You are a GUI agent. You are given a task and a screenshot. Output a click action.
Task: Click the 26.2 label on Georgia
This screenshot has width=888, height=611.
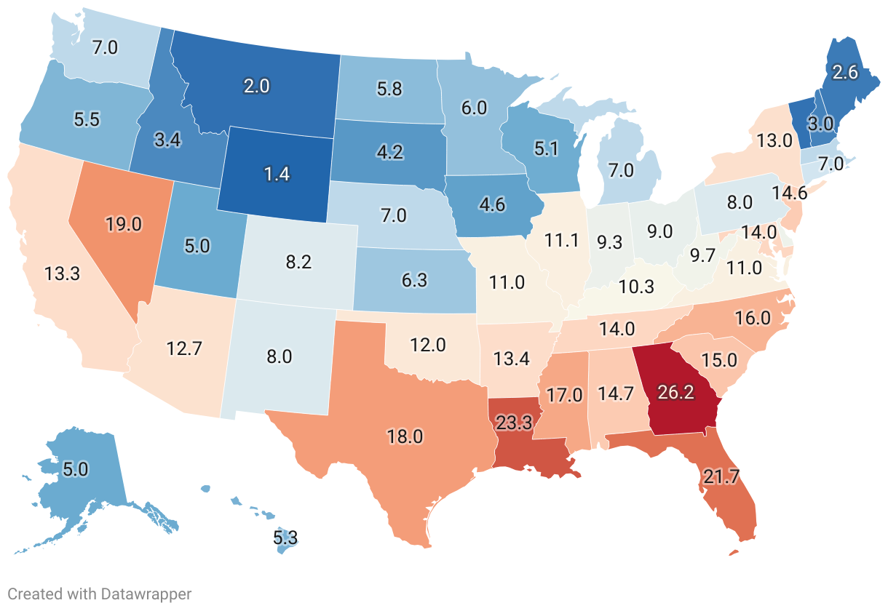tap(675, 391)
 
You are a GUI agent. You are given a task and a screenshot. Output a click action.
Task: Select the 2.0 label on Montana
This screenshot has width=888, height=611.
tap(255, 86)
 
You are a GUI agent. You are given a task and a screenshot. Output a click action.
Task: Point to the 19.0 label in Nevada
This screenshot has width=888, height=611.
tap(123, 223)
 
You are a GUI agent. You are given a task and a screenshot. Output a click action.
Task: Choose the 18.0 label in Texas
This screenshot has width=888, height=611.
tap(405, 437)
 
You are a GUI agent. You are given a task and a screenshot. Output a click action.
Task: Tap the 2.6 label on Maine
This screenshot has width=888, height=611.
tap(846, 72)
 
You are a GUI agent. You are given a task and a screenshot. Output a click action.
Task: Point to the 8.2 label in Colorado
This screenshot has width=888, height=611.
tap(298, 262)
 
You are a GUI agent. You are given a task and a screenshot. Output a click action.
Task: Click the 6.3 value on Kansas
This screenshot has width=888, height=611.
tap(414, 280)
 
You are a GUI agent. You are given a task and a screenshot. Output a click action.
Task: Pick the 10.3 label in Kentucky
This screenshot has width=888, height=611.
tap(636, 286)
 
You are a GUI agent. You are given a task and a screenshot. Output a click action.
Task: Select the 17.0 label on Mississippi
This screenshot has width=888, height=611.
tap(565, 395)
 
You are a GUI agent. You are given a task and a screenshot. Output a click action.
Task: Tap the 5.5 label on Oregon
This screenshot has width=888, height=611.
tap(87, 119)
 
